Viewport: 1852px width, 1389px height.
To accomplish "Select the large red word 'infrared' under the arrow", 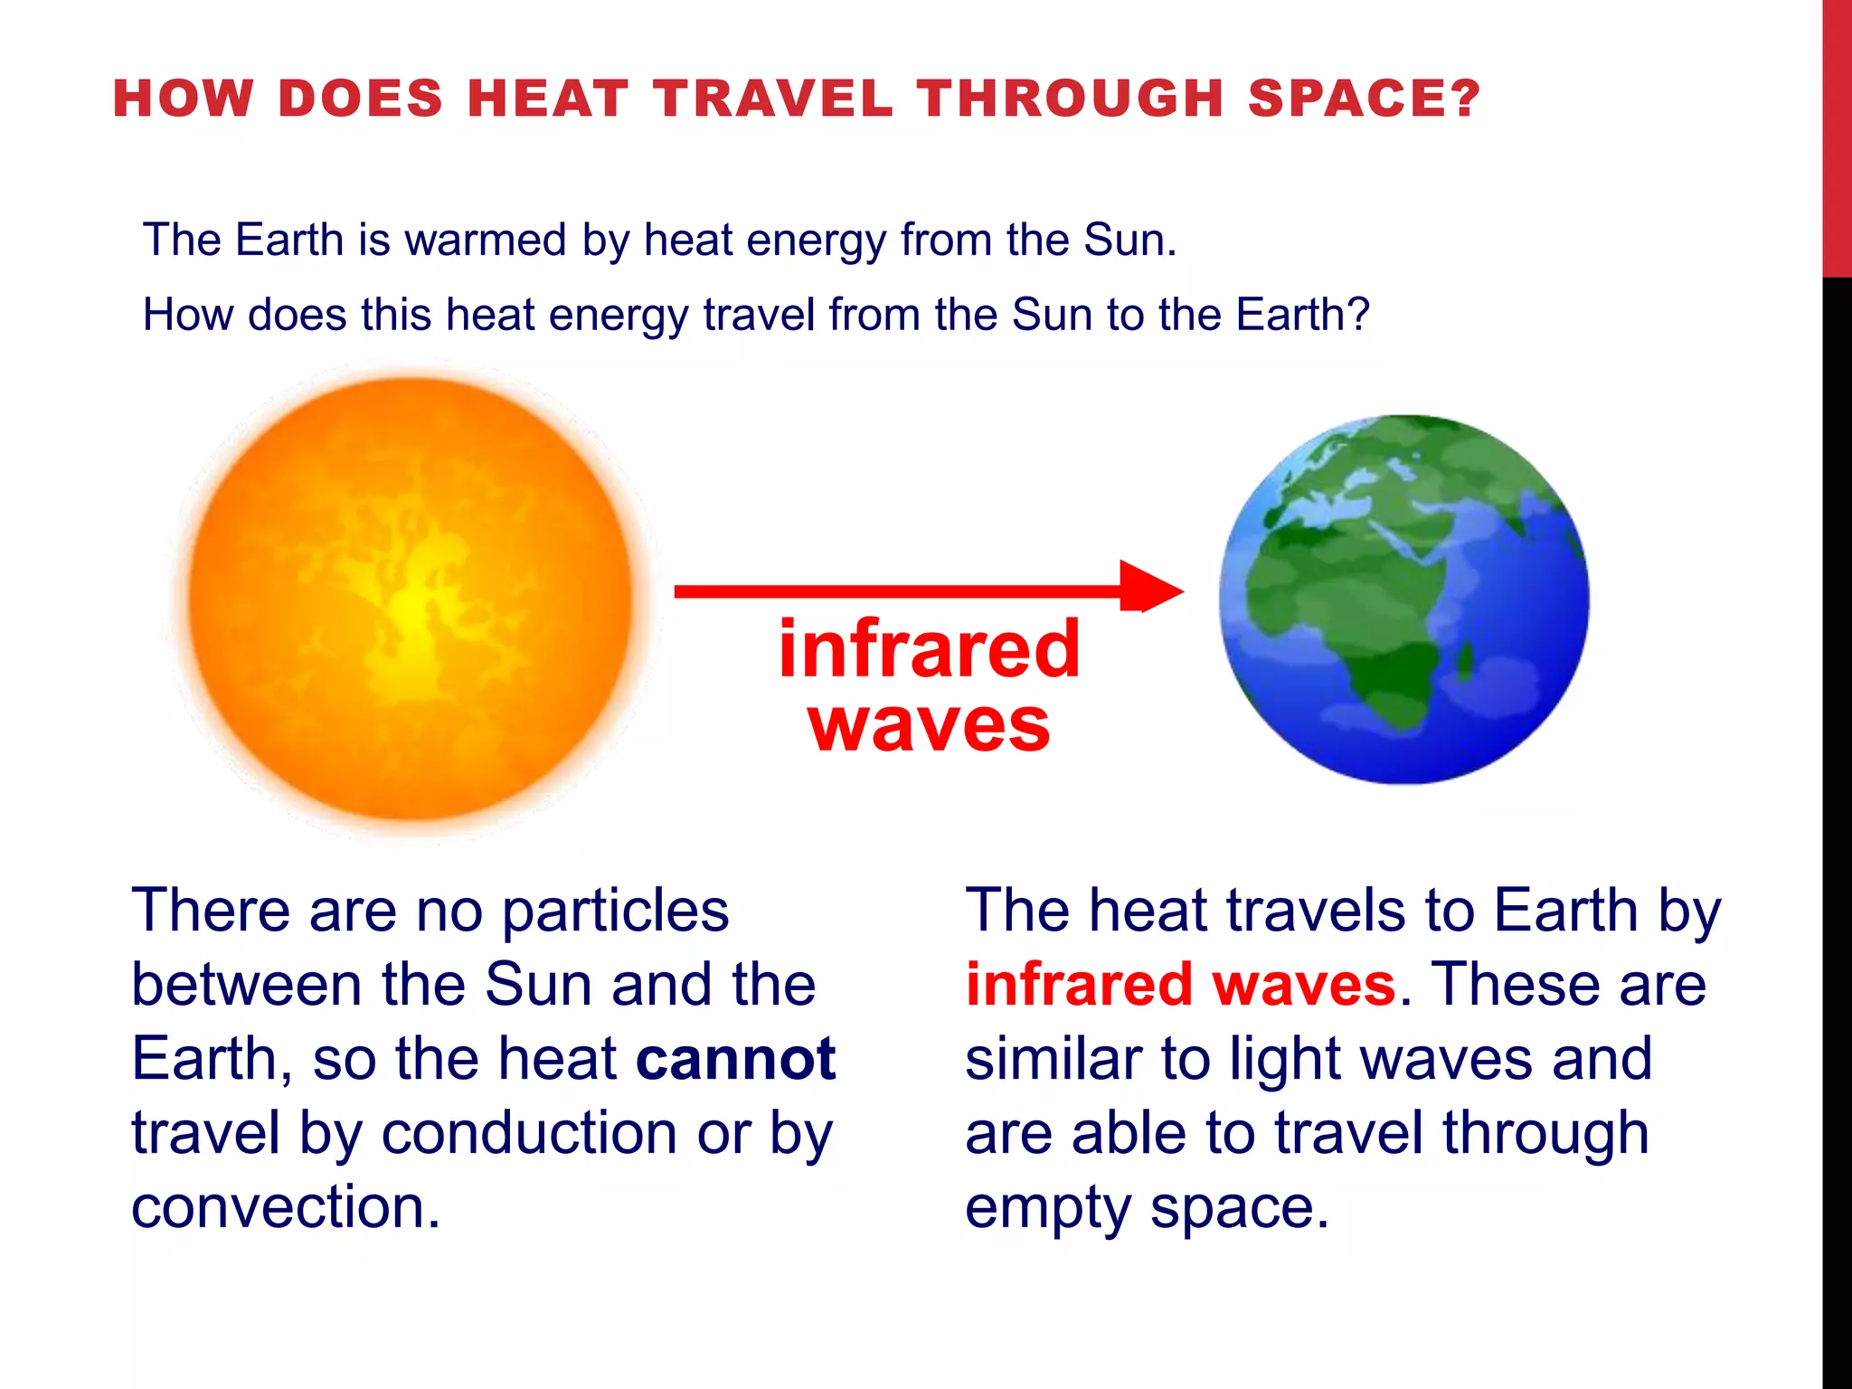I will (930, 649).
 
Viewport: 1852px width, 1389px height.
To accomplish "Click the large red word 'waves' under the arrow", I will (930, 725).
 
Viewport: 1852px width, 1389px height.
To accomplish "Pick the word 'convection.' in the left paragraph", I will (286, 1206).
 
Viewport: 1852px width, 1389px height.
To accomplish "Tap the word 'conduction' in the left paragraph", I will (528, 1132).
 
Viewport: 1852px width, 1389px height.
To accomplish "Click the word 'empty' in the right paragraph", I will (1047, 1208).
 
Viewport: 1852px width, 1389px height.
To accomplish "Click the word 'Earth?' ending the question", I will (1303, 316).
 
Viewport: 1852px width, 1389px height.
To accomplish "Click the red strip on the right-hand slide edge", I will (1837, 136).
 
